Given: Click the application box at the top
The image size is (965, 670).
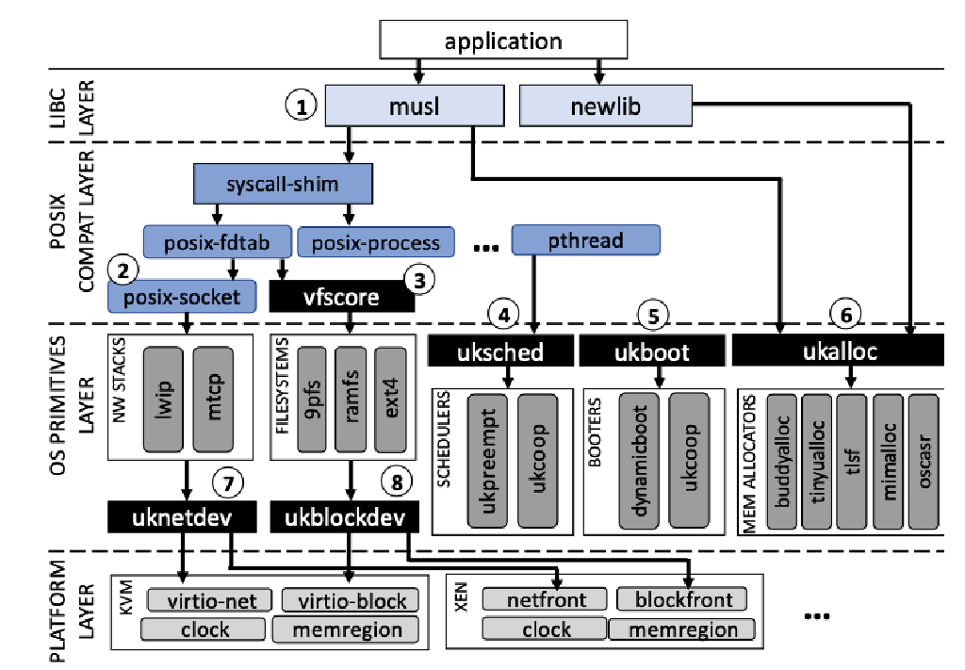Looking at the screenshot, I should click(x=503, y=41).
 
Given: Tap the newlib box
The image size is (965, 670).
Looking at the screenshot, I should click(x=606, y=106).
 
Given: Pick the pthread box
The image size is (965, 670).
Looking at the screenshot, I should click(x=585, y=239).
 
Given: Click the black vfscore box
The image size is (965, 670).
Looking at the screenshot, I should click(x=341, y=297).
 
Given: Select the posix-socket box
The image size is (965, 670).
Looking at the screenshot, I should click(x=182, y=297).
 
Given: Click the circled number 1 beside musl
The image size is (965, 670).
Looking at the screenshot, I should click(x=301, y=106).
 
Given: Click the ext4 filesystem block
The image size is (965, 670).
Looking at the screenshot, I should click(x=390, y=397).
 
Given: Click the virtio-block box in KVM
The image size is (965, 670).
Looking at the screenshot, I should click(x=352, y=600).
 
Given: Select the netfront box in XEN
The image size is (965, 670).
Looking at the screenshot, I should click(x=547, y=598).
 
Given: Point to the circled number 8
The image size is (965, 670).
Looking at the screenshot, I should click(x=398, y=482).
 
